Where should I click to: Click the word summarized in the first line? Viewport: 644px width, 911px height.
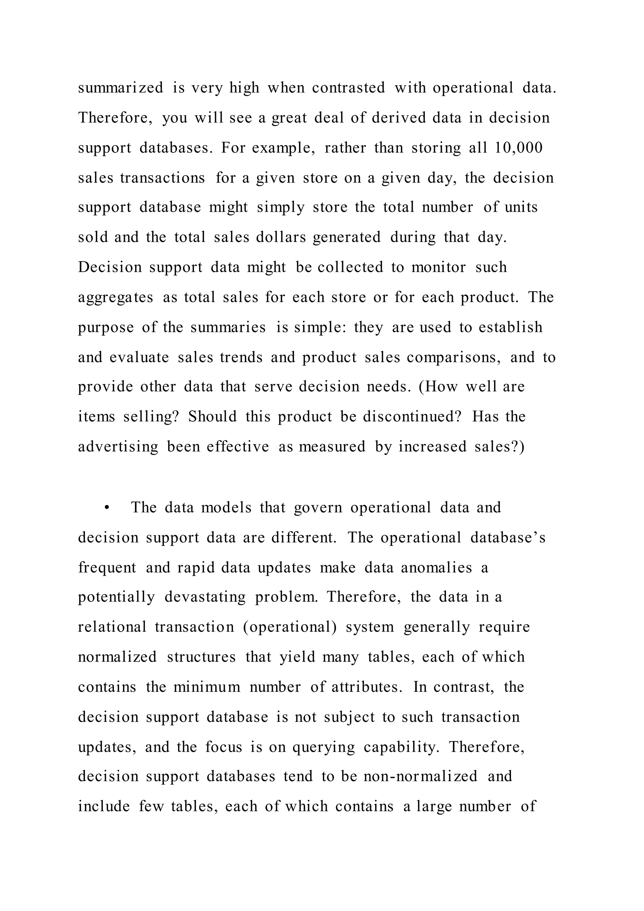point(120,88)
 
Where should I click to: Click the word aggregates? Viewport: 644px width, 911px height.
point(115,298)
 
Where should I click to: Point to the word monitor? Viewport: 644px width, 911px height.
point(439,267)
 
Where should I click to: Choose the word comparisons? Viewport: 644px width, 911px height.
point(454,357)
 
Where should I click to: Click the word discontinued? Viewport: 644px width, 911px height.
point(412,416)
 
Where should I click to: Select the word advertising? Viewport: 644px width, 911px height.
point(118,447)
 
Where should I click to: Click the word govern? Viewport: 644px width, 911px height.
point(318,508)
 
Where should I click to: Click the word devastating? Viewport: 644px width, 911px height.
point(205,597)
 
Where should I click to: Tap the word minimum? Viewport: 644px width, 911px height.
point(207,687)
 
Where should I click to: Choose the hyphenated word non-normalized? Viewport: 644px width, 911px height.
point(420,776)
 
